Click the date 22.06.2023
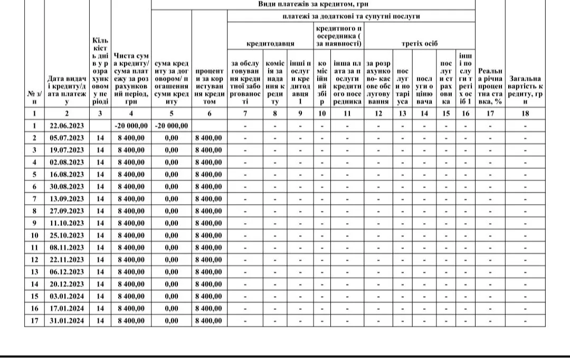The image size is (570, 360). click(x=67, y=126)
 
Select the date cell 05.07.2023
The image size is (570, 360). click(x=67, y=138)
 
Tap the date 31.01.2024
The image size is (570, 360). click(x=67, y=320)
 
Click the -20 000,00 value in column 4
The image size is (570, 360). click(x=131, y=126)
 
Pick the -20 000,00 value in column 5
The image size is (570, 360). click(x=172, y=126)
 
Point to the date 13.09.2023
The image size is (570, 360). click(x=67, y=198)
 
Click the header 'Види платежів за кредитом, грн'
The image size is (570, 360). click(x=313, y=4)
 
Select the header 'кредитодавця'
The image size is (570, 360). click(x=270, y=44)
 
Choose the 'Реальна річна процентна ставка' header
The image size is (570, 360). click(x=490, y=86)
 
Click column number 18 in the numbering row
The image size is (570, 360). click(x=525, y=113)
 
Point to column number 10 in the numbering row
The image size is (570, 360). click(x=322, y=113)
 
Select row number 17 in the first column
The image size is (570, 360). click(x=34, y=320)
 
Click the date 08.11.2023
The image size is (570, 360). click(x=67, y=248)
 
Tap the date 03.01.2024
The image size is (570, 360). click(x=67, y=296)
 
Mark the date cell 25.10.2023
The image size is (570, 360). click(x=67, y=235)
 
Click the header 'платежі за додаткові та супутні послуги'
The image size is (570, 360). click(x=350, y=17)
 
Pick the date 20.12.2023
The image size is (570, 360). click(x=67, y=284)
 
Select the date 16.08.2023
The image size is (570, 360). click(x=67, y=174)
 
